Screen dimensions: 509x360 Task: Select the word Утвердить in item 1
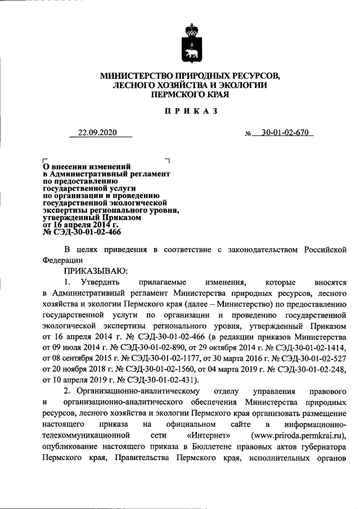99,282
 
